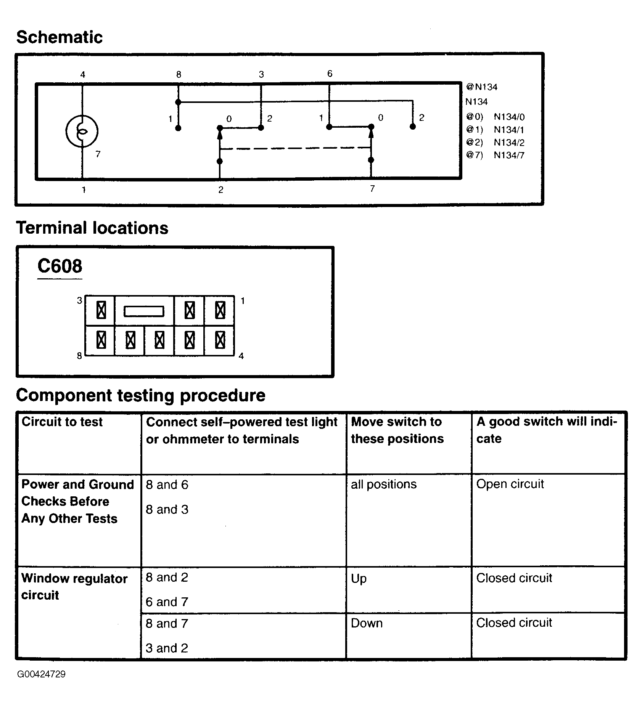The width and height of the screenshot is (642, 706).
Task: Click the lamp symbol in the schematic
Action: point(82,131)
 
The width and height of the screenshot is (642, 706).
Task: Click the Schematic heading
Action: point(60,37)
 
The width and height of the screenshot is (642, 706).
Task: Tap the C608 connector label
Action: point(60,266)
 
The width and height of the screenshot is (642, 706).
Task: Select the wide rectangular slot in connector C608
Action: point(144,311)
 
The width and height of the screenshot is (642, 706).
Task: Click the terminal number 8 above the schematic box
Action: point(179,75)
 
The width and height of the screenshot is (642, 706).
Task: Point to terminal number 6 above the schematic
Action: point(330,74)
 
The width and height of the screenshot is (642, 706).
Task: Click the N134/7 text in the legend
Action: point(509,155)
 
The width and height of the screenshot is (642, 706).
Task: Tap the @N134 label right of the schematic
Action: point(481,87)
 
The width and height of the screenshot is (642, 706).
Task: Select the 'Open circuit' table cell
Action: point(510,484)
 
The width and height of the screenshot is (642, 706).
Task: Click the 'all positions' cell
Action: point(384,485)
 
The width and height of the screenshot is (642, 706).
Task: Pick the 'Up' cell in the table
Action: point(359,579)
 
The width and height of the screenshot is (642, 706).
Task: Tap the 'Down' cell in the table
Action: point(367,623)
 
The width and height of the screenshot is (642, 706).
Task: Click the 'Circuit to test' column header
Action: point(62,422)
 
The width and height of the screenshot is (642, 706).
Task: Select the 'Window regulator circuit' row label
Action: point(74,587)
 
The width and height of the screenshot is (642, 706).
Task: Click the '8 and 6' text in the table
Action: point(167,485)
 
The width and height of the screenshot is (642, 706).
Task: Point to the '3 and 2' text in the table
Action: point(167,648)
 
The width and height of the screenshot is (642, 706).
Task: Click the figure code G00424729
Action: point(41,674)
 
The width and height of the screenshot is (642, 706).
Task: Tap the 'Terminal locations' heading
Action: point(92,228)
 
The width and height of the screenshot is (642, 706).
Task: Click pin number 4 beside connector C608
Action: point(241,356)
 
